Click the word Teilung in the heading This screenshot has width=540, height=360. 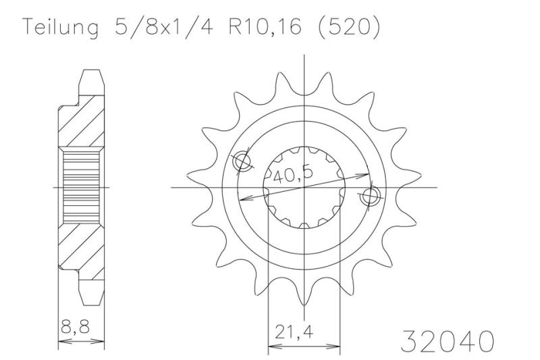pos(60,28)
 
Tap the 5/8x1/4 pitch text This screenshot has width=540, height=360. pos(164,26)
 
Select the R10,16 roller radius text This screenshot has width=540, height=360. pos(265,26)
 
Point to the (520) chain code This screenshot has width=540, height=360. pos(348,26)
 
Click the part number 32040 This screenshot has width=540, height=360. pos(447,341)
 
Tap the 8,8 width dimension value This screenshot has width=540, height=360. pos(75,327)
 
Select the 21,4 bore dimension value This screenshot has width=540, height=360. pos(294,332)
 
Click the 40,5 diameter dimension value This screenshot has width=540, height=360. pos(293,175)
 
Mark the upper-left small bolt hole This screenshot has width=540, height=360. pos(242,161)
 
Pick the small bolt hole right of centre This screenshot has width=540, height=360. pos(370,196)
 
